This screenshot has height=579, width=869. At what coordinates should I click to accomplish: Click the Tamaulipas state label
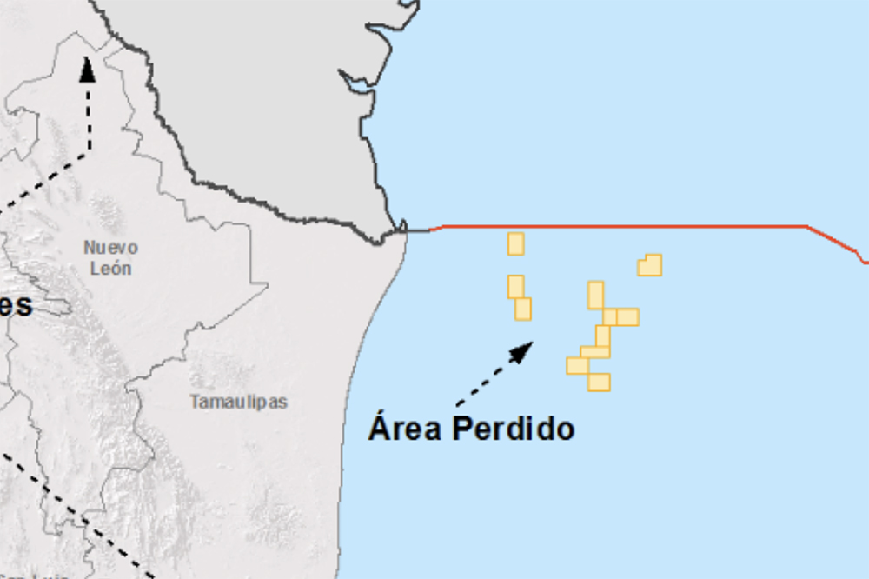pos(238,402)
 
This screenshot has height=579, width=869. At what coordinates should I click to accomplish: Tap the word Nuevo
pos(110,248)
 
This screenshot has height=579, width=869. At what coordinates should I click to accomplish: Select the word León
pos(110,268)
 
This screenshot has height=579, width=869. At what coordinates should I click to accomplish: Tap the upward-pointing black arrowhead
pos(87,70)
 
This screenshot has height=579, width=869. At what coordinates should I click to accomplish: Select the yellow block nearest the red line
pos(516,243)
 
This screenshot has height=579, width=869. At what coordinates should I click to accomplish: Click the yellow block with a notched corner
pos(650,265)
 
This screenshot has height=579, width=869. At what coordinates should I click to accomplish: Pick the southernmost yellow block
pos(599,382)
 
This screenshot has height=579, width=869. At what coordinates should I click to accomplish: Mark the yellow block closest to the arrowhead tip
pos(523,309)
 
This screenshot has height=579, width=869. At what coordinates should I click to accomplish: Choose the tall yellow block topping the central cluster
pos(595,295)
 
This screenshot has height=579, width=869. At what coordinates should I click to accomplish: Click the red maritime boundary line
pos(626,227)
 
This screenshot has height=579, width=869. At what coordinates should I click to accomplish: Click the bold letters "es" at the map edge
pos(17,305)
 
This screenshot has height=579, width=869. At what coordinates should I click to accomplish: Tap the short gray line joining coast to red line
pos(419,230)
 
